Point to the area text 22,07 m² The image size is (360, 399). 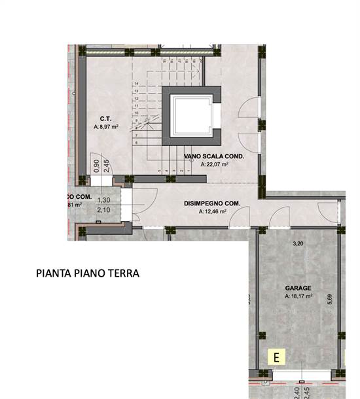215,165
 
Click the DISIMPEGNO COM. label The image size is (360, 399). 212,203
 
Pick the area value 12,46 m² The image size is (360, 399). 213,211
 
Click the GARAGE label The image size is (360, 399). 298,288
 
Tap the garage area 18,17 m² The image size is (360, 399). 298,296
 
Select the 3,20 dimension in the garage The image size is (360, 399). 298,243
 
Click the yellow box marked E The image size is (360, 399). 277,357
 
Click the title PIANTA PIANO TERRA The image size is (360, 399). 88,273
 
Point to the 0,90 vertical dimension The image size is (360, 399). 96,165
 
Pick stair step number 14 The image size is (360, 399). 136,84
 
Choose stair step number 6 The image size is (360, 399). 136,142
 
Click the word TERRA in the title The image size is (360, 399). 125,273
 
